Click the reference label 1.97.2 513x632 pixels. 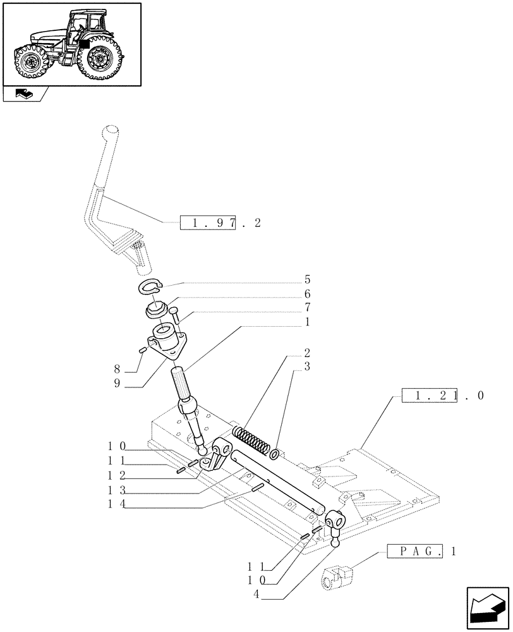(x=220, y=222)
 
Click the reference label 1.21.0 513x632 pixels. (x=442, y=396)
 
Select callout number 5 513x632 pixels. (x=307, y=279)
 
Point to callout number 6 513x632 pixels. (x=307, y=294)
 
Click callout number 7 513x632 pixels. (x=307, y=308)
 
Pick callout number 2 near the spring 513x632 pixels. (x=307, y=353)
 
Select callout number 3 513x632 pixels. (x=307, y=367)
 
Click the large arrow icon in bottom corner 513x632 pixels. (x=487, y=608)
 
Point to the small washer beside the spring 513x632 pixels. (x=275, y=454)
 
